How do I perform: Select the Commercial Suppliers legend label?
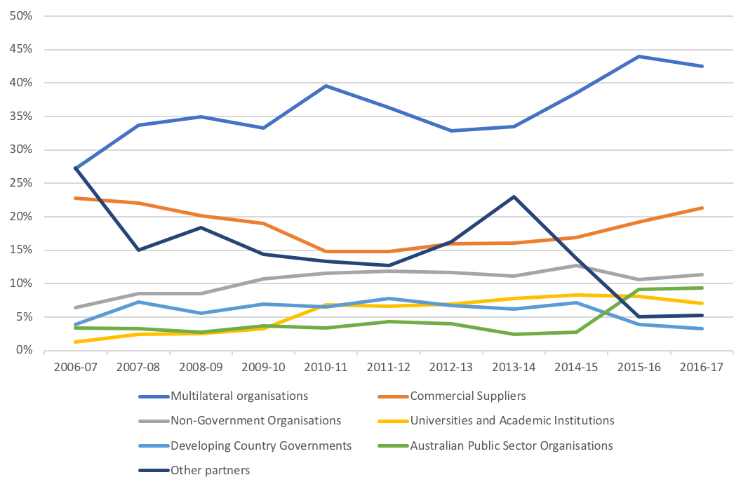467,396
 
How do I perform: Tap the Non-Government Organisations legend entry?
255,420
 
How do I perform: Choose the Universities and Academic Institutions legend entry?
512,420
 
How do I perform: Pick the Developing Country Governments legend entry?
261,446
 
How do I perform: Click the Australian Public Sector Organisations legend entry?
511,446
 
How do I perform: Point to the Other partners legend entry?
210,470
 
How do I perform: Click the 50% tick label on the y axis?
21,16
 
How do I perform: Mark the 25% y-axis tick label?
21,183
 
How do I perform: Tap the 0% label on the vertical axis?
24,350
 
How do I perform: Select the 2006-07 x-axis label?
75,367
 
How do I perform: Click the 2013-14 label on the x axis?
514,367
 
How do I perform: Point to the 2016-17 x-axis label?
701,367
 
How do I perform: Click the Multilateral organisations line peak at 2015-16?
639,56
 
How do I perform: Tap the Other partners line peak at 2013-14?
514,196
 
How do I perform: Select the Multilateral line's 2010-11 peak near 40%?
326,86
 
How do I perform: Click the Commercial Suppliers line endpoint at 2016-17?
702,208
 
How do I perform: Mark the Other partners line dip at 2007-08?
138,250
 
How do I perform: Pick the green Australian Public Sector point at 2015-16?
639,289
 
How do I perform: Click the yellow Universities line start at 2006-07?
75,342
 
